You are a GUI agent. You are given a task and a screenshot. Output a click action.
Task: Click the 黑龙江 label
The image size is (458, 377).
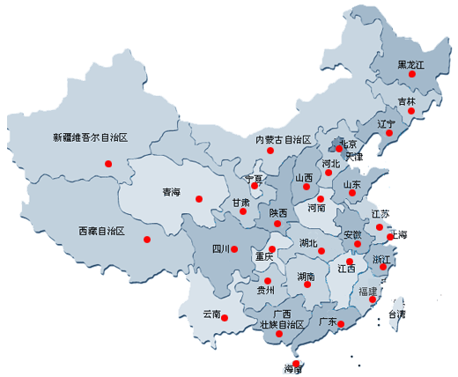411,65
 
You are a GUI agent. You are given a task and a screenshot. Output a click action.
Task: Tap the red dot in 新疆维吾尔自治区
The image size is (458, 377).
108,163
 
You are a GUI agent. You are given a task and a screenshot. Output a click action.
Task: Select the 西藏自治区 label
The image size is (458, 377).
101,231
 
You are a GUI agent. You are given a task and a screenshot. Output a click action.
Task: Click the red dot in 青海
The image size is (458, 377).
198,198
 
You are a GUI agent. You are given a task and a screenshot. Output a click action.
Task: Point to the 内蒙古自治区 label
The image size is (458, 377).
283,140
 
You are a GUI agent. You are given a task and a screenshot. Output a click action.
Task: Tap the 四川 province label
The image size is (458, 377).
221,248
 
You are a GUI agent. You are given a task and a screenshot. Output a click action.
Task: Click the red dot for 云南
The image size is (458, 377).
225,317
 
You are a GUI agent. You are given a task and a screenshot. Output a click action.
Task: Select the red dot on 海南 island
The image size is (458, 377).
297,362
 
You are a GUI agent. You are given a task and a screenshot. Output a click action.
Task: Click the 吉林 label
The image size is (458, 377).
407,101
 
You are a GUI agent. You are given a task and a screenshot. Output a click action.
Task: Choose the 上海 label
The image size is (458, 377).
398,235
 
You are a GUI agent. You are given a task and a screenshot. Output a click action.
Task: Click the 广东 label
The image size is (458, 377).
327,322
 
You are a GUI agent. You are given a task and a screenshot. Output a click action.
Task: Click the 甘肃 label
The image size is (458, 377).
240,203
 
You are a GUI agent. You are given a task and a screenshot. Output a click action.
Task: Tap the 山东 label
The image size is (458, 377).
351,185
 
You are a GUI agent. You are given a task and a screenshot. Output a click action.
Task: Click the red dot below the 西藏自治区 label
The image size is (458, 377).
147,239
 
